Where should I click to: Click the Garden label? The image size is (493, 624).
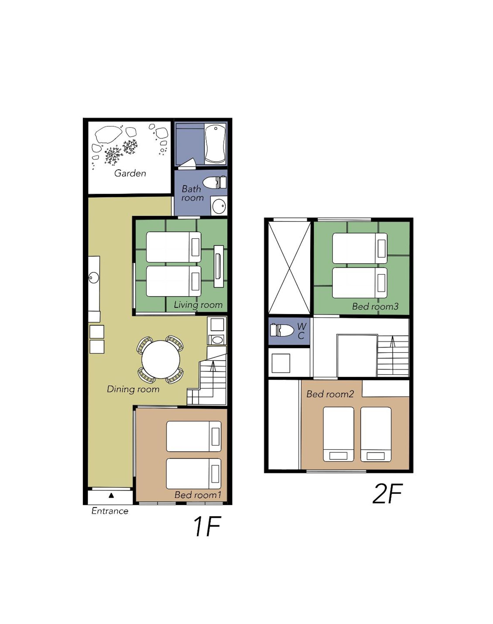(x=130, y=173)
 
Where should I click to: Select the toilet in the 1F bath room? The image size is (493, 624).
(x=215, y=182)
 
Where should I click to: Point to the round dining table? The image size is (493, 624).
(x=161, y=360)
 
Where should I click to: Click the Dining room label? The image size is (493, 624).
(x=133, y=389)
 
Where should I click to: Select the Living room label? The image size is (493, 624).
(x=198, y=305)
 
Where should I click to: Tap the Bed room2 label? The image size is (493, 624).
(x=330, y=394)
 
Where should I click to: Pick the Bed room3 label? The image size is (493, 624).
(x=375, y=306)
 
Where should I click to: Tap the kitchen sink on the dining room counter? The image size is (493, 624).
(x=93, y=278)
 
